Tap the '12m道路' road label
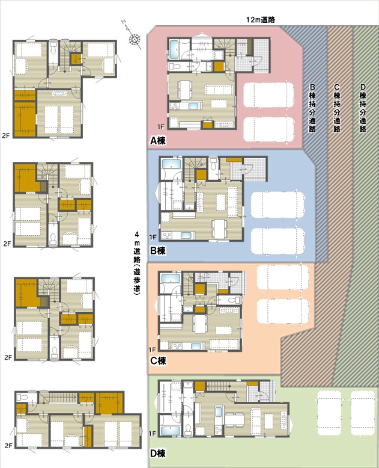tap(261, 20)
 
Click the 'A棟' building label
tap(158, 140)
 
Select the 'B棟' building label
tap(157, 251)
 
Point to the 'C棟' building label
tap(158, 361)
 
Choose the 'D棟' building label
tap(157, 454)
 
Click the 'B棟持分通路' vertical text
tap(312, 108)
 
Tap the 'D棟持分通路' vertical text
tap(363, 108)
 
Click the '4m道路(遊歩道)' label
tap(137, 263)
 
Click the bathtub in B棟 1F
tap(171, 164)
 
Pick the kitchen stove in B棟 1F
tap(167, 235)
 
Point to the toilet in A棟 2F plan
tap(53, 47)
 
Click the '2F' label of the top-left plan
tap(5, 135)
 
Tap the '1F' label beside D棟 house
tap(152, 433)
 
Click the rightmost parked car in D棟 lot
tap(363, 413)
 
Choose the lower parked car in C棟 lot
tap(283, 312)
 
